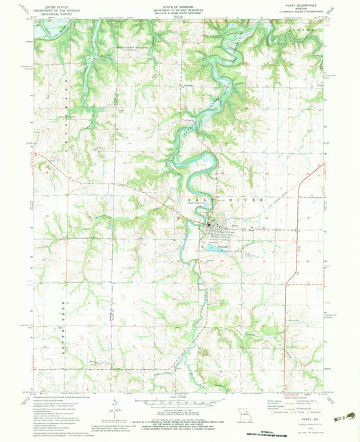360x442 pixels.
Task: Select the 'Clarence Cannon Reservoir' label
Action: coord(130,49)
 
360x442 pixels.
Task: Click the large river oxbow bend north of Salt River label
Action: coord(196,163)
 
